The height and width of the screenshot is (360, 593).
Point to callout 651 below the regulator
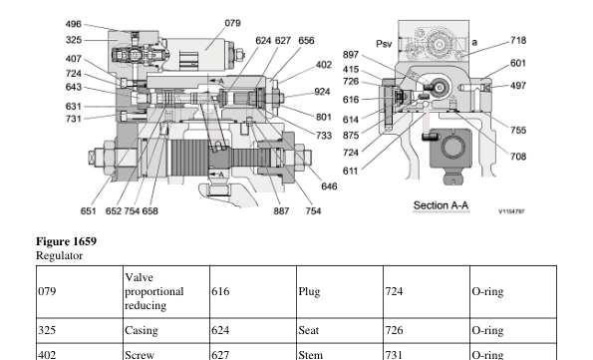(x=88, y=210)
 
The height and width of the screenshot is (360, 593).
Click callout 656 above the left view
(x=306, y=41)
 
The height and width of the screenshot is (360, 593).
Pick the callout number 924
(x=322, y=91)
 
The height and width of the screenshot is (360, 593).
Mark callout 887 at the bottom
(x=281, y=210)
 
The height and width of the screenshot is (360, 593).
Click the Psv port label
(x=385, y=43)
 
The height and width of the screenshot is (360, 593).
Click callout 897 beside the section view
(x=351, y=55)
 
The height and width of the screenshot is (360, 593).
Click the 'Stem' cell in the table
(x=310, y=353)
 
